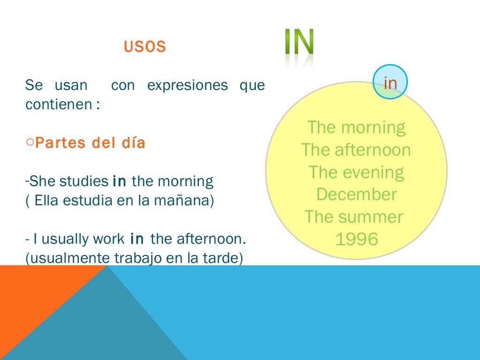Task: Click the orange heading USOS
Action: [145, 47]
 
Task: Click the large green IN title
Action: [299, 43]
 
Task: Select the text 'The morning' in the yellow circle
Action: [356, 127]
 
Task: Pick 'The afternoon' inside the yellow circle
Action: [356, 150]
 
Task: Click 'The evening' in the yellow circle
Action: [356, 172]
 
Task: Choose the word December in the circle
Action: [356, 194]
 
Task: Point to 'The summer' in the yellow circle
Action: [354, 217]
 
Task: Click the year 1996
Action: [357, 239]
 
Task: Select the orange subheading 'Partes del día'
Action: [90, 143]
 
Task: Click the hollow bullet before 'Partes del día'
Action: [30, 142]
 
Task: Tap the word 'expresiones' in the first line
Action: [187, 86]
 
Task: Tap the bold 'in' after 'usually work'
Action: [137, 239]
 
